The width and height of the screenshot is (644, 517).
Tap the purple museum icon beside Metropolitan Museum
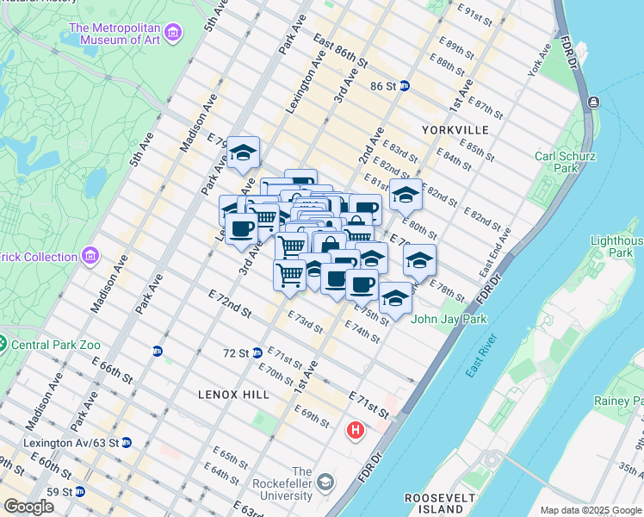point(173,34)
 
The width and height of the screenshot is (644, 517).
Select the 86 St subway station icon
point(404,86)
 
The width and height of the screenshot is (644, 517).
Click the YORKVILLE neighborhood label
point(455,130)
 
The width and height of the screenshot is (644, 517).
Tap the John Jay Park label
point(449,320)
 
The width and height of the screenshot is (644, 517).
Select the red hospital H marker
point(355,429)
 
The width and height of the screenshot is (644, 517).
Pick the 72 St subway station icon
point(257,353)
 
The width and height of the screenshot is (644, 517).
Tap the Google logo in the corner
point(28,507)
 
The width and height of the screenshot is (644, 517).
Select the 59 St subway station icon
point(80,492)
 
